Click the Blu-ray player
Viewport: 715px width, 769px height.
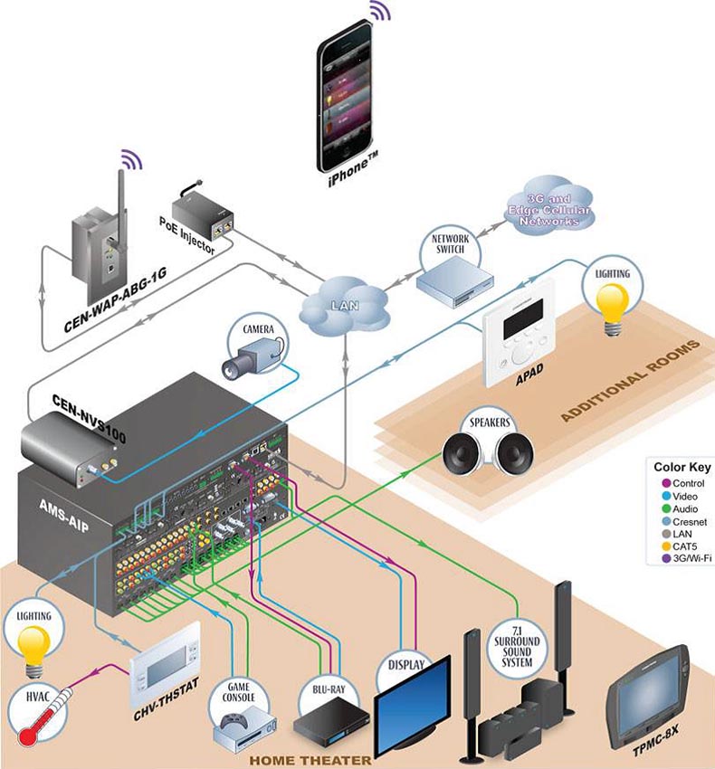[331, 724]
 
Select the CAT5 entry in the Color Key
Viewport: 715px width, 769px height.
[682, 546]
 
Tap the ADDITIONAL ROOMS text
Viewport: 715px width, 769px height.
[629, 381]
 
